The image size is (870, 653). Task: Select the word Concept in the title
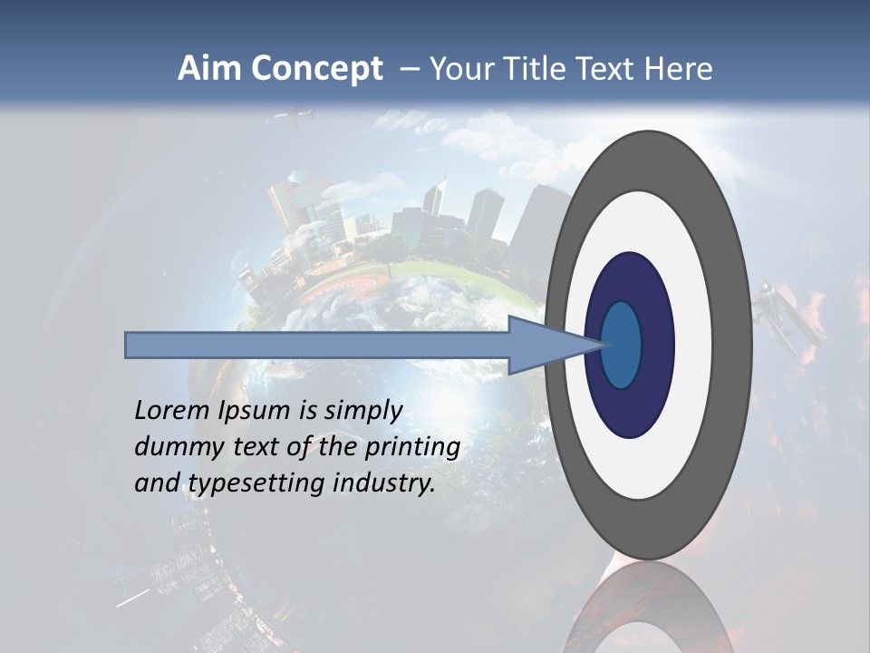(316, 69)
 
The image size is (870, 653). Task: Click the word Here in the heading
(679, 69)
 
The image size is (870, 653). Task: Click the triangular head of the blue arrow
(544, 345)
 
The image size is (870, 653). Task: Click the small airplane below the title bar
(295, 118)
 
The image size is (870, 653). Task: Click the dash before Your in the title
(410, 69)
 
